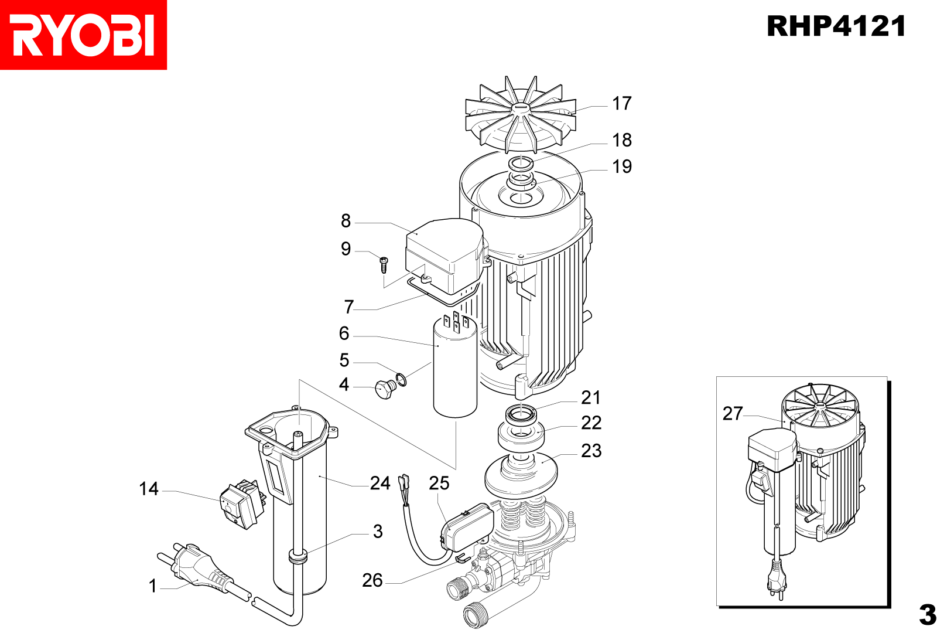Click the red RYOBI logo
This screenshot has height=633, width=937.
click(x=83, y=35)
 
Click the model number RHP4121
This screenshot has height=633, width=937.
click(x=836, y=26)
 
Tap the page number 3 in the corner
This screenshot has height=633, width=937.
click(x=927, y=614)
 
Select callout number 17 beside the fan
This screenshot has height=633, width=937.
click(x=622, y=104)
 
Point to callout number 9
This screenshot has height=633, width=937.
click(x=346, y=249)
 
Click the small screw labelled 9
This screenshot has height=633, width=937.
click(x=384, y=264)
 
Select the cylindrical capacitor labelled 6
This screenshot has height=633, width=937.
click(x=455, y=369)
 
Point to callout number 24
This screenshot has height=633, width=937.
click(x=380, y=483)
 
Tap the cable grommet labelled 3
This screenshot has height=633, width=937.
click(x=298, y=556)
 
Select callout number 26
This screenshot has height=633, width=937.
click(x=372, y=580)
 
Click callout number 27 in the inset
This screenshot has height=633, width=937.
click(x=733, y=414)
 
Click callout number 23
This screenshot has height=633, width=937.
click(x=591, y=451)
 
